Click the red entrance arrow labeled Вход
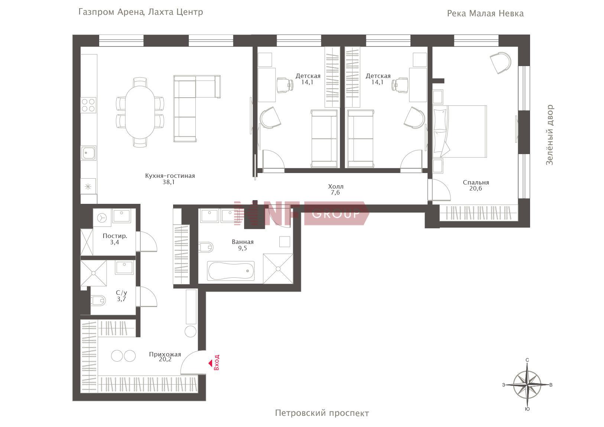[210, 364]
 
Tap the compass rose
[527, 385]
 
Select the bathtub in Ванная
[231, 271]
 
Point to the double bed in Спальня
[460, 131]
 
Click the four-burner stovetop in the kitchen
[88, 105]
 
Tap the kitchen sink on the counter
[88, 153]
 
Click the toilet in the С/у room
[98, 300]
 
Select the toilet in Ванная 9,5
[206, 247]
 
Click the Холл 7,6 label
[335, 189]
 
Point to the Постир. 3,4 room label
[115, 239]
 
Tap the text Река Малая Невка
[485, 13]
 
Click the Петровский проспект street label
[322, 413]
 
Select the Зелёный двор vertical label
[549, 135]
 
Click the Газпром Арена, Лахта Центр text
[140, 12]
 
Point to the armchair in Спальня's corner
[500, 62]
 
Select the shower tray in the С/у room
[94, 273]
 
